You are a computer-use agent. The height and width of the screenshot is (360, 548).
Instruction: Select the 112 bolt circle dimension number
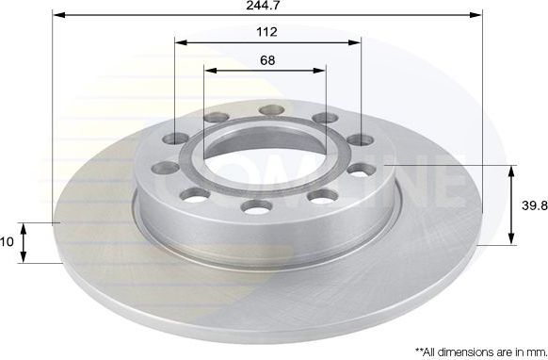267,32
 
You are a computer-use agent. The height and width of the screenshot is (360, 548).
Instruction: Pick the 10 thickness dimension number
8,242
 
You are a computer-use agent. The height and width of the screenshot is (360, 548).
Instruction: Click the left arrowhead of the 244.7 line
57,16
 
